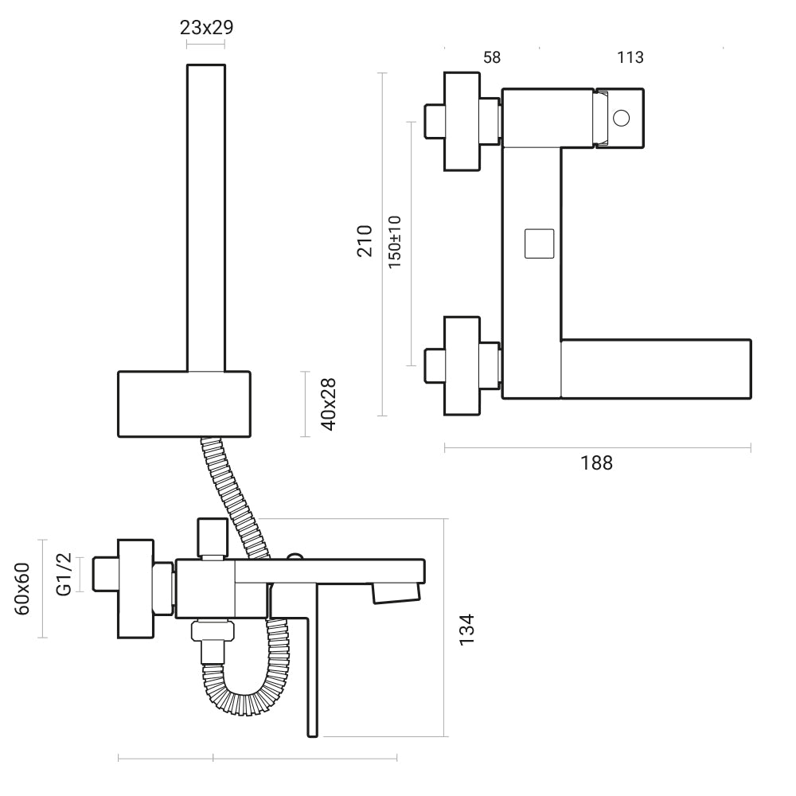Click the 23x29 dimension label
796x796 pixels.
206,27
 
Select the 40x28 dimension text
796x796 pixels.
327,404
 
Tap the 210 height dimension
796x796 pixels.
365,240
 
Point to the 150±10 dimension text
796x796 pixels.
394,242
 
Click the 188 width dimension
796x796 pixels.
596,462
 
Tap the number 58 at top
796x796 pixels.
492,57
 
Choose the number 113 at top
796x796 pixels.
630,57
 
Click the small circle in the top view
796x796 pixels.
622,118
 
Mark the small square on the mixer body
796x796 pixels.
539,243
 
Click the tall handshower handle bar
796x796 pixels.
207,215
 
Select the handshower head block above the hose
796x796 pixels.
185,404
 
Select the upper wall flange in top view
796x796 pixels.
462,121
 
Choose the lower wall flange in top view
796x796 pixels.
462,365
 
